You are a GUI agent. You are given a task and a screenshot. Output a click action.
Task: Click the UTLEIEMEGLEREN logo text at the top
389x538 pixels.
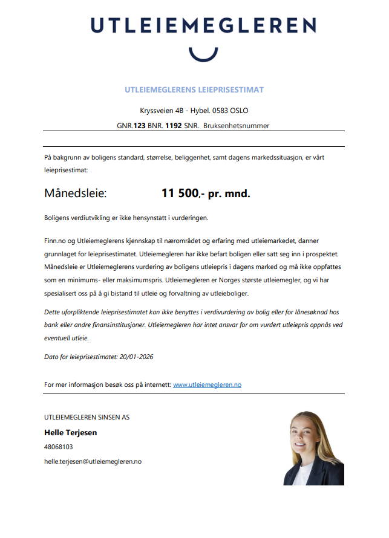coord(203,25)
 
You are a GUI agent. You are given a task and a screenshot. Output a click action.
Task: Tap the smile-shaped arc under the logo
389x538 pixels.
coord(203,54)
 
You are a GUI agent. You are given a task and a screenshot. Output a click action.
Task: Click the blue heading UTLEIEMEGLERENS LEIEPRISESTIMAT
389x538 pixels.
coord(194,90)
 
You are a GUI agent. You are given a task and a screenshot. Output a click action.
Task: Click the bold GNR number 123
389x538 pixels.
coord(140,126)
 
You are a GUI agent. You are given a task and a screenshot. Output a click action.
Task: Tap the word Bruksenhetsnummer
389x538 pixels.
coord(237,126)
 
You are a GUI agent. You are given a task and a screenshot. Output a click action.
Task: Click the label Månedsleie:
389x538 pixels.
coord(75,193)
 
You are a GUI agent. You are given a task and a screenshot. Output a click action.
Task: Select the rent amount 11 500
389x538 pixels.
coord(180,193)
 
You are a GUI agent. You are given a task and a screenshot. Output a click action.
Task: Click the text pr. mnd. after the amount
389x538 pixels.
coord(229,193)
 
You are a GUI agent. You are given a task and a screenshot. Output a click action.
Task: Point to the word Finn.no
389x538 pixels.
coord(56,240)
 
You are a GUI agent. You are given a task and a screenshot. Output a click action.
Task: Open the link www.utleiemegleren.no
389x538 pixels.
coord(207,384)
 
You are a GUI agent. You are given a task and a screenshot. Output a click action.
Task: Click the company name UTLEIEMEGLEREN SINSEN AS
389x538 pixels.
coord(87,417)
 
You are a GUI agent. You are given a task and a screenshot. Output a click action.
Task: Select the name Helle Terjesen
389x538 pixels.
coord(70,433)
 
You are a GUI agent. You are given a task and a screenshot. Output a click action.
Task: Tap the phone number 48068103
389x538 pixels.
coord(59,447)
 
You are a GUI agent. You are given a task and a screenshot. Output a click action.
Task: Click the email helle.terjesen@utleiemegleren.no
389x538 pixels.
coord(93,461)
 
